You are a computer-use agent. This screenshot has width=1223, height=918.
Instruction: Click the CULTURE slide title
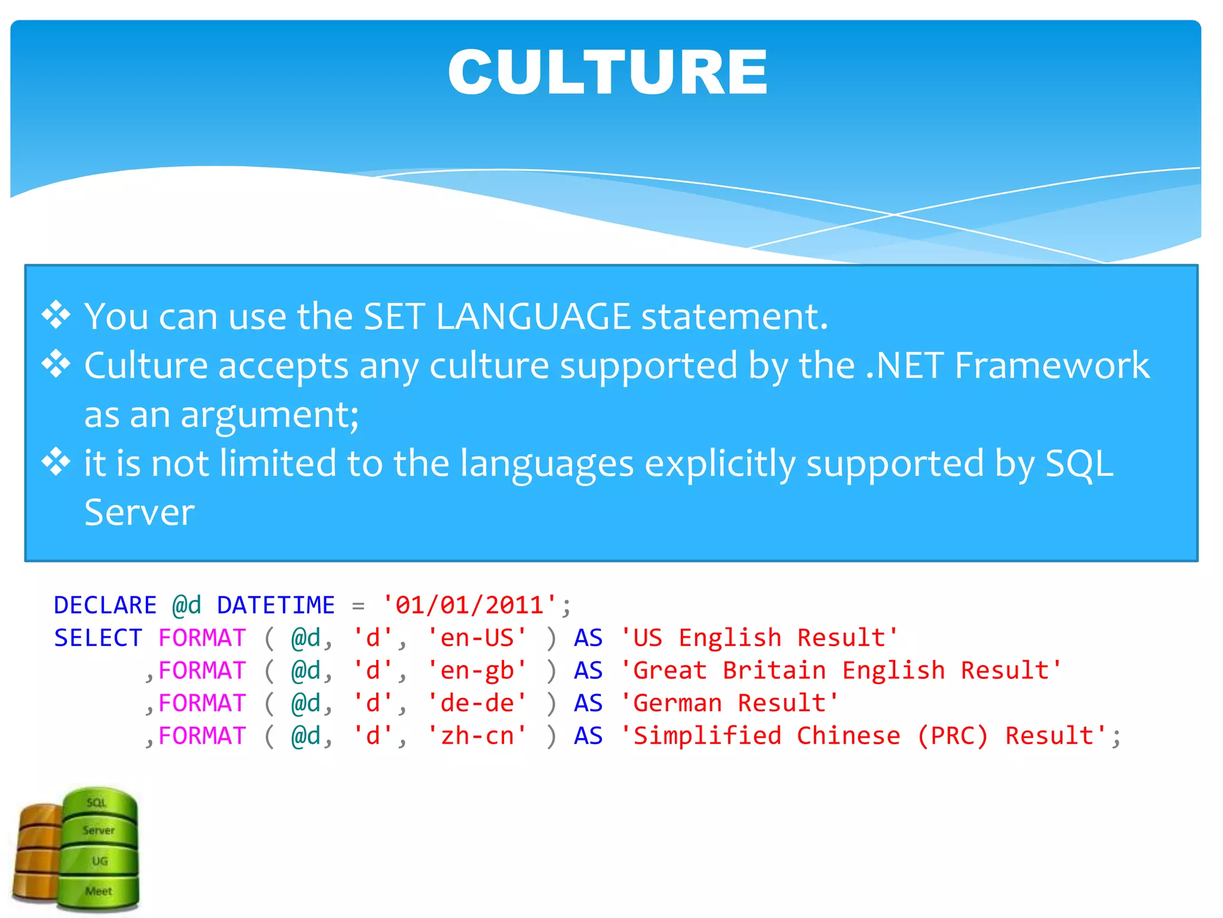click(x=607, y=72)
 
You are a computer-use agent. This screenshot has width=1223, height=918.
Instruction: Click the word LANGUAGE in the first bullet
click(x=533, y=316)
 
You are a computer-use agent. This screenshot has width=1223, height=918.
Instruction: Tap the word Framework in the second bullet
click(x=1051, y=365)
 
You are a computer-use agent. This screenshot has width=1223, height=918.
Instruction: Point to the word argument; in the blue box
click(x=269, y=415)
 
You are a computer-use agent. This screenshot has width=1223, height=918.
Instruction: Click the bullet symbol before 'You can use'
click(x=56, y=315)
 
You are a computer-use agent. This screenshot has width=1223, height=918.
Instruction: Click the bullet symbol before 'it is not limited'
click(x=56, y=462)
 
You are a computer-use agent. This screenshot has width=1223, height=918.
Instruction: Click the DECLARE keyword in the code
click(x=105, y=605)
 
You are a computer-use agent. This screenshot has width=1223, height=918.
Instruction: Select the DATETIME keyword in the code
click(x=275, y=605)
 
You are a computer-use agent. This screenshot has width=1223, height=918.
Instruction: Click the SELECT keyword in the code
click(x=98, y=638)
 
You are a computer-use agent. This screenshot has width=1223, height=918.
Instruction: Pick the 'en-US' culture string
click(x=477, y=638)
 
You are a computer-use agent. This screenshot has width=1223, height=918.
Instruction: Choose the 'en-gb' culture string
click(x=477, y=671)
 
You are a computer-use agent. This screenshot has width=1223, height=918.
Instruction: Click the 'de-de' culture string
click(x=477, y=703)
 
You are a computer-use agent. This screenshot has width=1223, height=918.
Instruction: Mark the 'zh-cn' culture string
click(x=477, y=736)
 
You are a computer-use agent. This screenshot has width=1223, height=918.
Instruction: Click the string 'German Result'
click(x=730, y=703)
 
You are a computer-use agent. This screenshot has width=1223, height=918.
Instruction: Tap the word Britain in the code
click(x=774, y=671)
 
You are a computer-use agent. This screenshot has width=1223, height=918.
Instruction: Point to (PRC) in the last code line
click(x=952, y=736)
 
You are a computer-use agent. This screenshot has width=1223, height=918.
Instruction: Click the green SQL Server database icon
click(x=99, y=849)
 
